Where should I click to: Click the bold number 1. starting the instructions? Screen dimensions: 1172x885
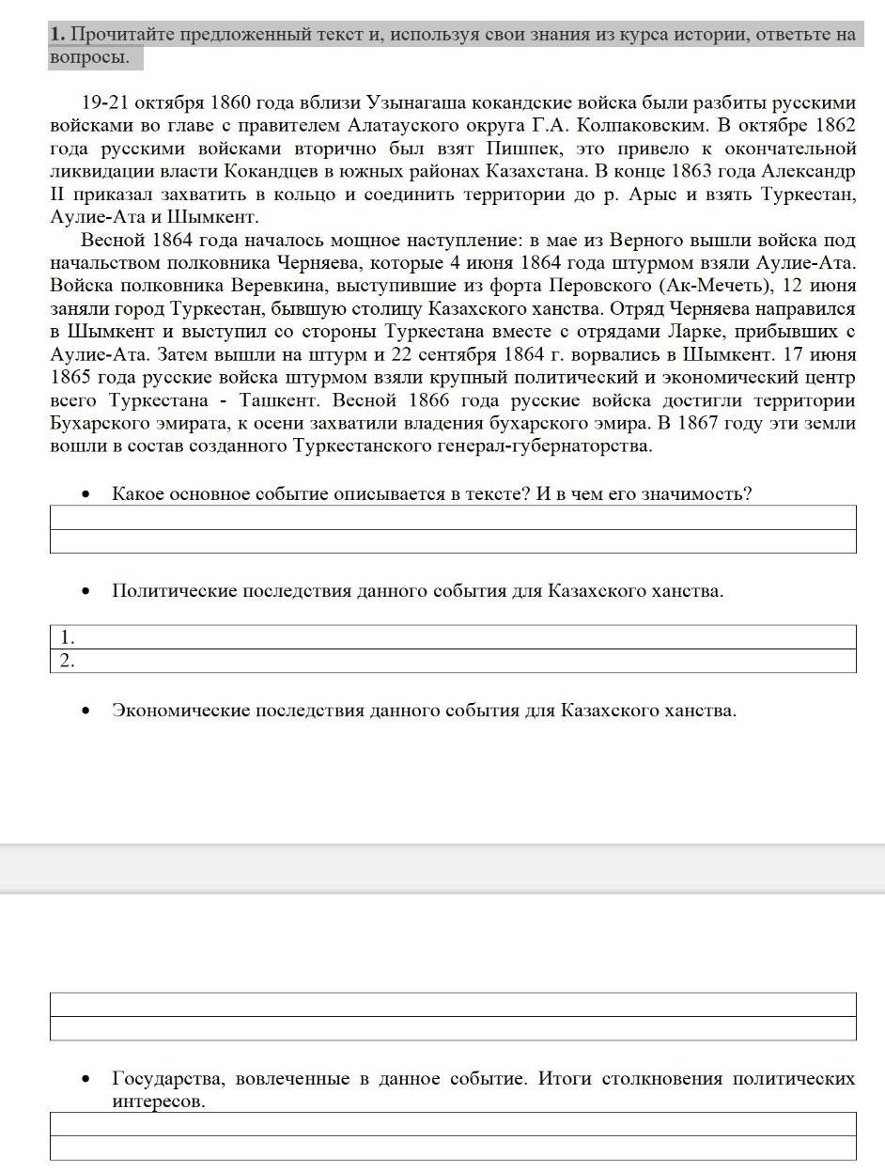point(57,35)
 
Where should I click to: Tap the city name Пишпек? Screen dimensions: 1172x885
point(522,148)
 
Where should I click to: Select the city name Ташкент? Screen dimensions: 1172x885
point(280,399)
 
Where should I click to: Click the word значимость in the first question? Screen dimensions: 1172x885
point(693,493)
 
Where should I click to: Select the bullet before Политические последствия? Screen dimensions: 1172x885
point(86,591)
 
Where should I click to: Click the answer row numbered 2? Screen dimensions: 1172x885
point(451,661)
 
